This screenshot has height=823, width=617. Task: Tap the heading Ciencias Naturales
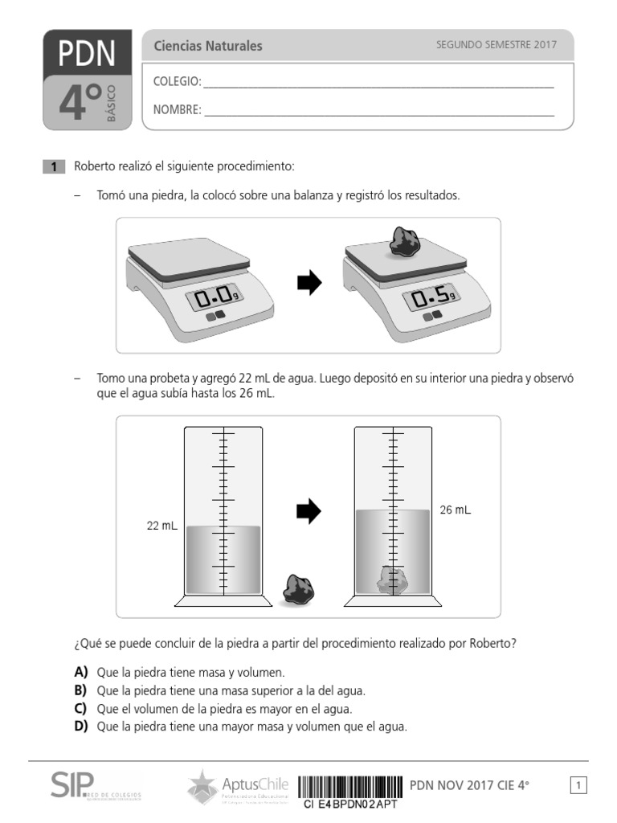pyautogui.click(x=208, y=47)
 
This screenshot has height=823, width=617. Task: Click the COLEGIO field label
pyautogui.click(x=178, y=82)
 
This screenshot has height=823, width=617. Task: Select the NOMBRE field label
pyautogui.click(x=178, y=110)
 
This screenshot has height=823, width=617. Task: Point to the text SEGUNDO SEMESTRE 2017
pyautogui.click(x=496, y=46)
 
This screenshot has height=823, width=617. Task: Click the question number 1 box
pyautogui.click(x=53, y=167)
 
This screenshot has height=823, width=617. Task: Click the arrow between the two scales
pyautogui.click(x=309, y=282)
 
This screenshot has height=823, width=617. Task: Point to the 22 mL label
pyautogui.click(x=161, y=526)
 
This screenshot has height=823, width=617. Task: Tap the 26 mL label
pyautogui.click(x=456, y=510)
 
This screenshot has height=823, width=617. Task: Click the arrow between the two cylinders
pyautogui.click(x=309, y=510)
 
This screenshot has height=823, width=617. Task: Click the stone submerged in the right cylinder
pyautogui.click(x=393, y=579)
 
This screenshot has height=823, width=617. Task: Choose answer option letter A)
pyautogui.click(x=80, y=672)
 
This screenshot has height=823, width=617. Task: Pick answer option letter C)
pyautogui.click(x=80, y=709)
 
